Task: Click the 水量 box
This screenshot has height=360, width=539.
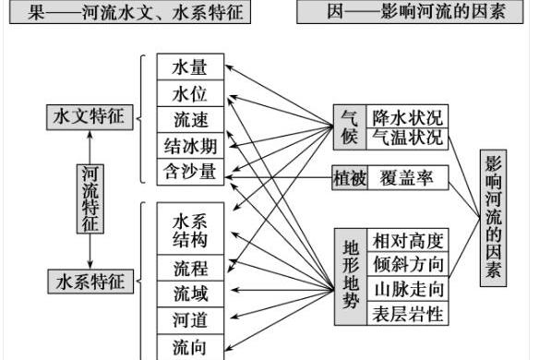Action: [190, 66]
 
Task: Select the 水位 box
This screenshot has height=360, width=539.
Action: [190, 93]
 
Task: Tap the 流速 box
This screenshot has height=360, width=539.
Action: [190, 119]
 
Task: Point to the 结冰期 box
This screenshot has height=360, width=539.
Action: [190, 145]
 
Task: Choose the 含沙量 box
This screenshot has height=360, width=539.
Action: [190, 171]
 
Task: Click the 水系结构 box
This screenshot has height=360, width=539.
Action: [190, 230]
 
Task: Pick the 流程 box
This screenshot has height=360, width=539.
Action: [190, 269]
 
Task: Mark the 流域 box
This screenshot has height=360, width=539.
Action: [190, 294]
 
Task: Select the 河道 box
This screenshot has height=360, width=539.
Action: [190, 320]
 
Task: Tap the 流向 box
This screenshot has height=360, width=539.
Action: [190, 346]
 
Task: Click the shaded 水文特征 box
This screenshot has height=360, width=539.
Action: [90, 117]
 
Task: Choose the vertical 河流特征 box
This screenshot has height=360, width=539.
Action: [90, 198]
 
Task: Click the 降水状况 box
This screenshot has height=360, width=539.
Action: [407, 117]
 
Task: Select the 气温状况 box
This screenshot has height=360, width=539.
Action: [407, 138]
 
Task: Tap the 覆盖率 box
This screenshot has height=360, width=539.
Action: [407, 177]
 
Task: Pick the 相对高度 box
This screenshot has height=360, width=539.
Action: [407, 241]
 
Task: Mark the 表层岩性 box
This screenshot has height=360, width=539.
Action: [407, 314]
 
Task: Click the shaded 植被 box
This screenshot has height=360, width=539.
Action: [349, 177]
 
